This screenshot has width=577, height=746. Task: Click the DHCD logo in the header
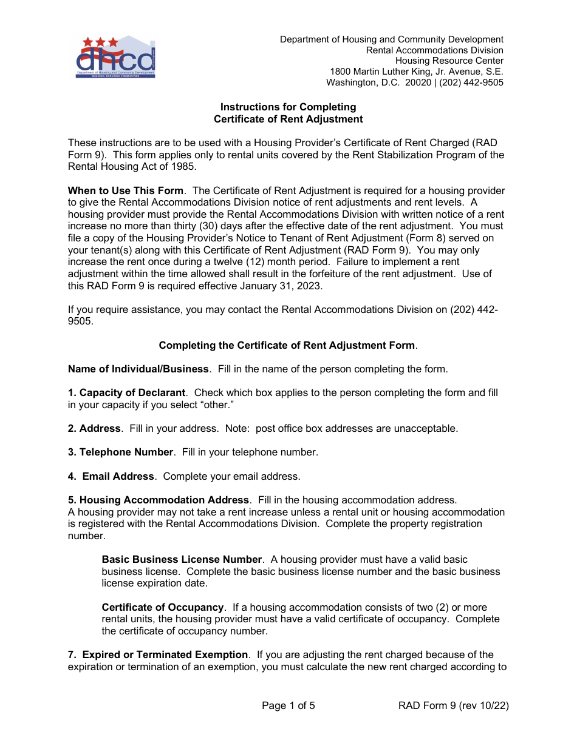point(115,57)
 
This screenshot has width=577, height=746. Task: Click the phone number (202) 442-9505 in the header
point(471,82)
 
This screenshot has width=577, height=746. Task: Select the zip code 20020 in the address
point(418,82)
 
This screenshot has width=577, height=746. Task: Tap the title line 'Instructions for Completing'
point(288,107)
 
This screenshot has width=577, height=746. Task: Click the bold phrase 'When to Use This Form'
point(125,191)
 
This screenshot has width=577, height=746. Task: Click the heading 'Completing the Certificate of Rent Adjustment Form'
point(287,345)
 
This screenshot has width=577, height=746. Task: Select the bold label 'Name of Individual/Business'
point(138,369)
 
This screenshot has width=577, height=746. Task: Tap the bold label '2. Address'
point(94,428)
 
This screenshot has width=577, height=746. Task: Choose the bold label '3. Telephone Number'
point(120,452)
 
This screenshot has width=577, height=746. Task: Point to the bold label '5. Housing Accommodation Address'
point(159,500)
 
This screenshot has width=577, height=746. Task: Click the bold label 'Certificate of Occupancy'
point(163,607)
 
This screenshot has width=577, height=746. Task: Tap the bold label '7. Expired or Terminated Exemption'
point(158,654)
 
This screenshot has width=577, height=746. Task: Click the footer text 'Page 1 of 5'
point(288,705)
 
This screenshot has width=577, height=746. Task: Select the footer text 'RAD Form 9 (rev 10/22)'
point(453,705)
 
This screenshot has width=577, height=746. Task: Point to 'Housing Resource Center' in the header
point(449,61)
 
